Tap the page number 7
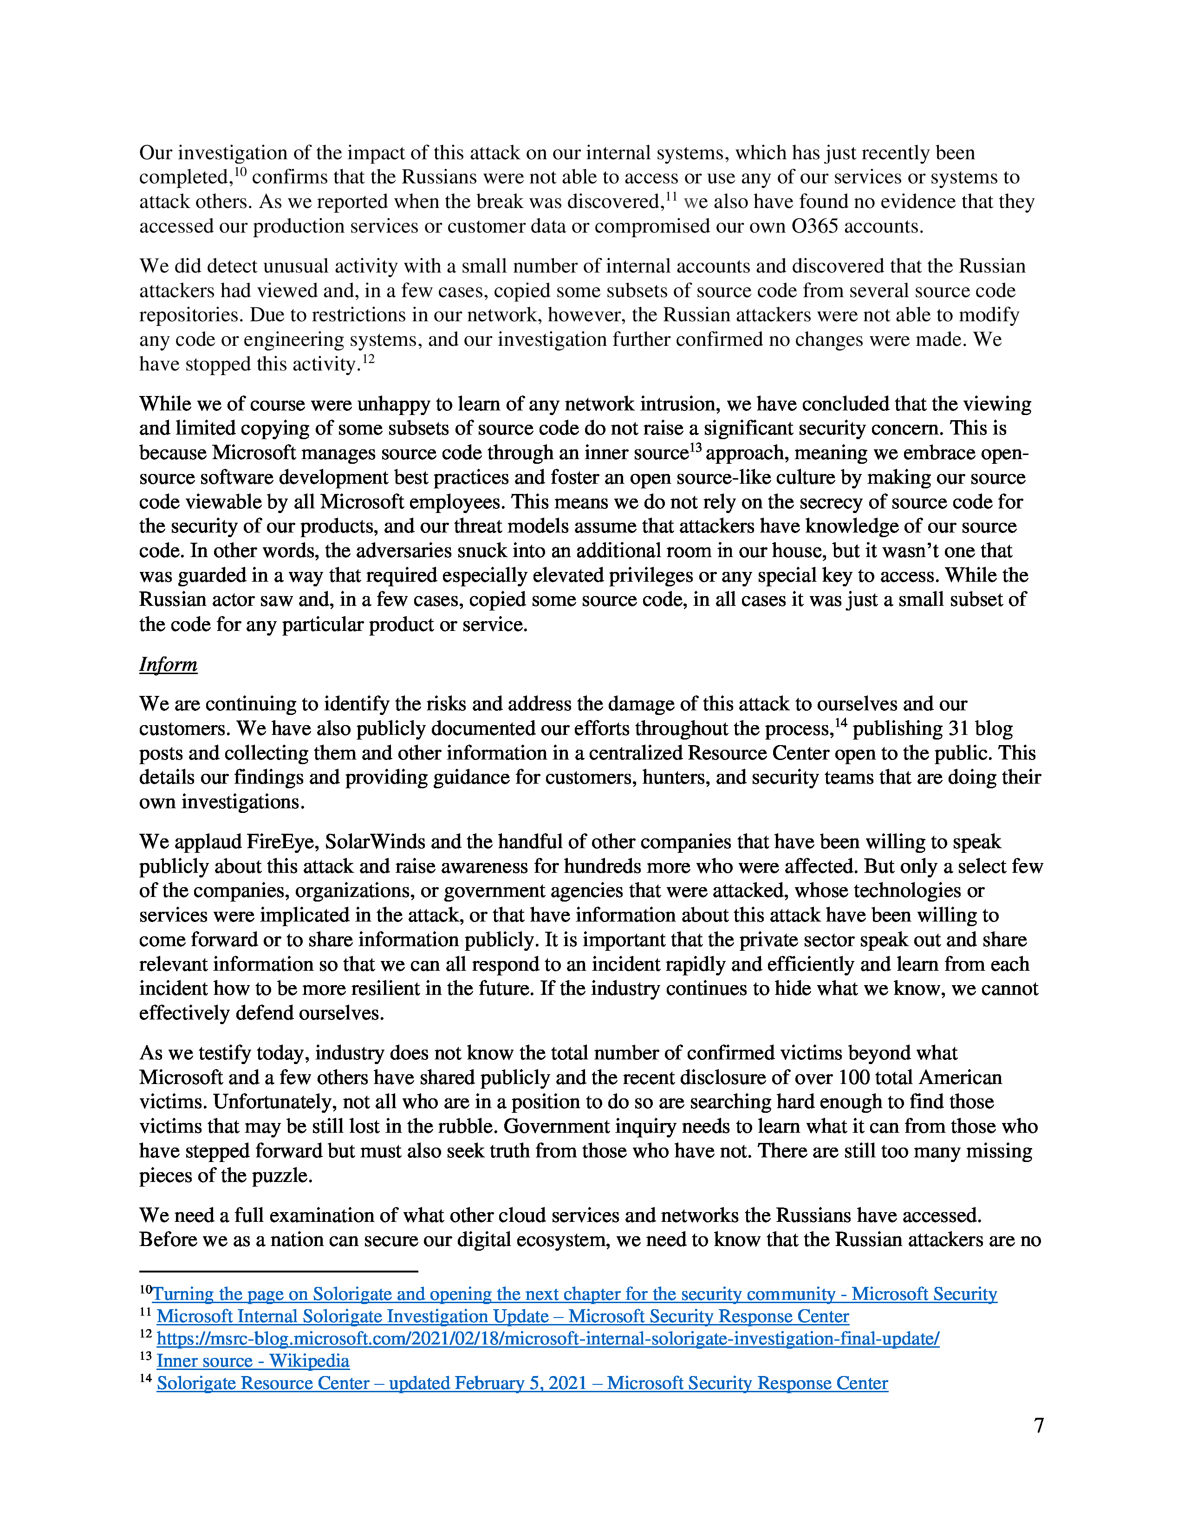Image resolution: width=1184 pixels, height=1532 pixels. (x=1039, y=1425)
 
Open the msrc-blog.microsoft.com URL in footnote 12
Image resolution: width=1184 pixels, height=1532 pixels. (x=547, y=1338)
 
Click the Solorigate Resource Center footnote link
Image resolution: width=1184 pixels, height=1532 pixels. (x=522, y=1383)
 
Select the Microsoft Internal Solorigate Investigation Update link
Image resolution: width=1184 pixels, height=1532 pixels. (x=502, y=1317)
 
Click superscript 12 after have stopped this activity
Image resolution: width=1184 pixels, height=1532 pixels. (x=368, y=358)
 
